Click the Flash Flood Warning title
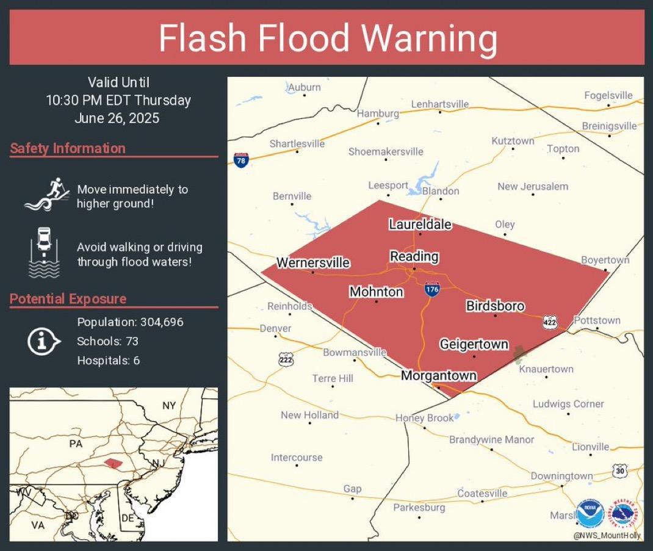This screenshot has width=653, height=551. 328,38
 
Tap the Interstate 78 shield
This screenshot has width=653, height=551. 241,160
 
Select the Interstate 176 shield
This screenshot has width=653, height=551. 432,289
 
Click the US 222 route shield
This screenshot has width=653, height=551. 285,358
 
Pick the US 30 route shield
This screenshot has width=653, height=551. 620,470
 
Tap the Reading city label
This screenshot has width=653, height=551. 414,256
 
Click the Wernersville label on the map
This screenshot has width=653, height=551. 313,263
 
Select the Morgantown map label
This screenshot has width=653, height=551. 438,376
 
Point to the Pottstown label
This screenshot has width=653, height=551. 597,320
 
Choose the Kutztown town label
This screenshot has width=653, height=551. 513,141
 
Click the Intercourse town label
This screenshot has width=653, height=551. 297,458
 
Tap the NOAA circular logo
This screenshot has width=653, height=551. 590,514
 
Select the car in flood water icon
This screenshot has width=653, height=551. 44,252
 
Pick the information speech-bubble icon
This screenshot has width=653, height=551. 43,341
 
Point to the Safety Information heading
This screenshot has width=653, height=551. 68,148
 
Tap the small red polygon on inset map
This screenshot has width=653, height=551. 114,464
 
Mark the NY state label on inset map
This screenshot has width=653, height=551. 169,406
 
